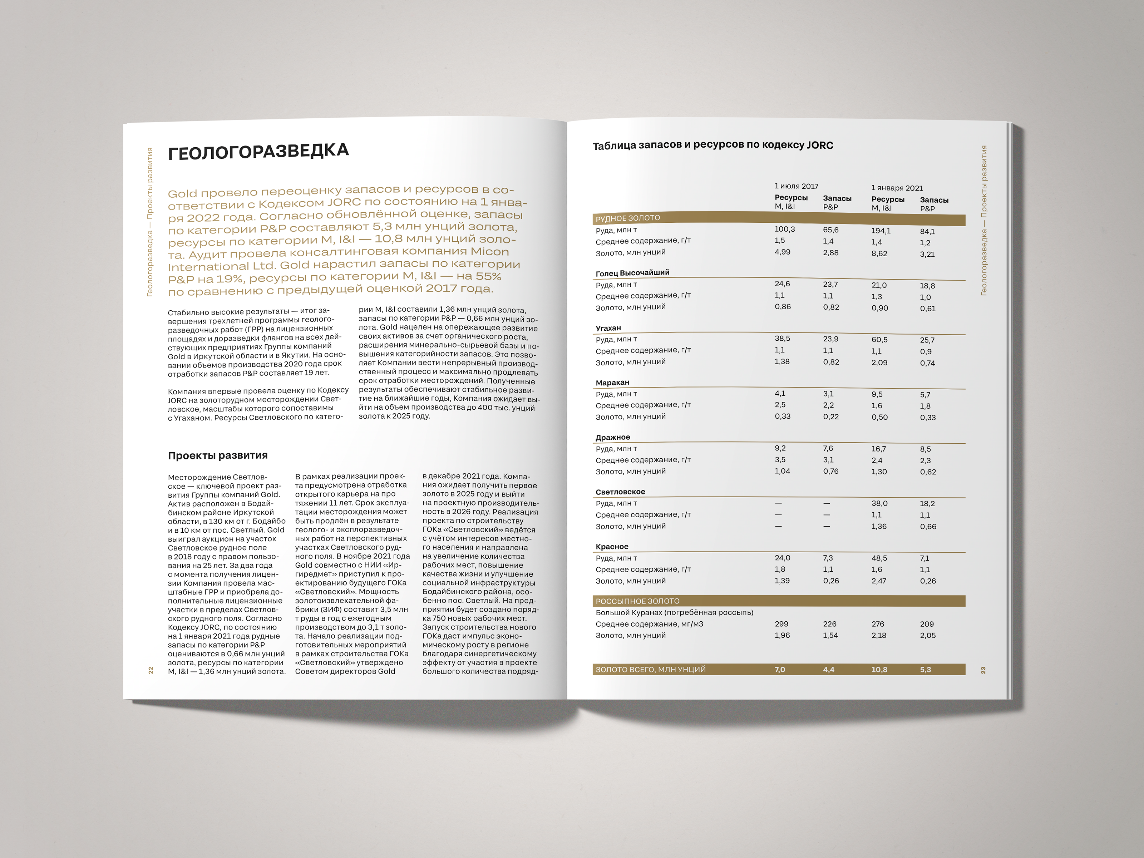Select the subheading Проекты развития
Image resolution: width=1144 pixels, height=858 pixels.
coord(218,455)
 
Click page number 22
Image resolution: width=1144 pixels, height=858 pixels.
coord(151,670)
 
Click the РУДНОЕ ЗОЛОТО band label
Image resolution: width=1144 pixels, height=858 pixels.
coord(627,218)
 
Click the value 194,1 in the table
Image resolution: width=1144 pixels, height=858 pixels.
coord(881,231)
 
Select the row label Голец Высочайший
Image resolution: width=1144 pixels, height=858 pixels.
coord(632,272)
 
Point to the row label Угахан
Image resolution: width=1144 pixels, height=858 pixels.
coord(608,328)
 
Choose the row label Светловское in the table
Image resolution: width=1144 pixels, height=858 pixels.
coord(620,492)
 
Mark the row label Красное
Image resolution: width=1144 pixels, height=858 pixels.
coord(612,547)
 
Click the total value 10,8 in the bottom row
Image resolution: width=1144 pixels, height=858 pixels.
coord(879,670)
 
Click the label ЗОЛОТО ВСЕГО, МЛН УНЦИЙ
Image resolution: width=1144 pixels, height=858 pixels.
coord(650,670)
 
